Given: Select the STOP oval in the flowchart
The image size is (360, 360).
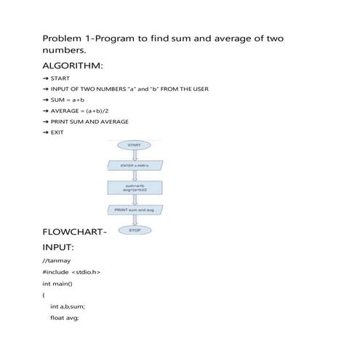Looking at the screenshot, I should [x=134, y=230].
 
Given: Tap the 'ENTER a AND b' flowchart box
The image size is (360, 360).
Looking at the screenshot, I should [x=134, y=166].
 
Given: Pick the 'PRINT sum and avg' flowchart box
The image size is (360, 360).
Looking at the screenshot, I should [x=134, y=209].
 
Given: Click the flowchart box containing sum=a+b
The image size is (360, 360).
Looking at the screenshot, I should [x=134, y=188].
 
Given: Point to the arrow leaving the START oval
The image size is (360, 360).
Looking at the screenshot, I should [x=134, y=155].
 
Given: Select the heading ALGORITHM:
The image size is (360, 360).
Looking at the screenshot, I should [x=72, y=67].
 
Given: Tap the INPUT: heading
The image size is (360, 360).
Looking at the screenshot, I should [x=61, y=249].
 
